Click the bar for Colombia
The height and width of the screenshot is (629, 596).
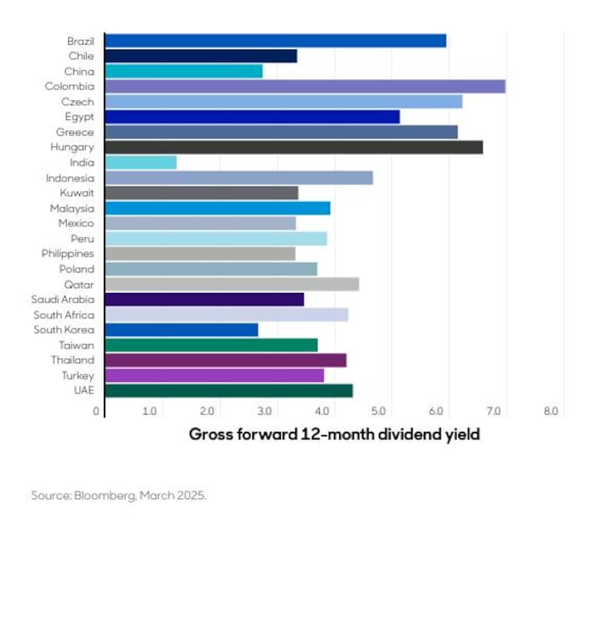click(305, 87)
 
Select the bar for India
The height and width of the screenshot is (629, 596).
click(141, 163)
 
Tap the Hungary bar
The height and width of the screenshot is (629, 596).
click(293, 147)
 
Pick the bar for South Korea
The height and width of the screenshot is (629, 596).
click(181, 330)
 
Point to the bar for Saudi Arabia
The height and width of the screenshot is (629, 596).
click(205, 300)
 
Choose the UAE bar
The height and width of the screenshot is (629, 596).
click(228, 391)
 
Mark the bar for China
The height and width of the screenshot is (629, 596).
click(184, 71)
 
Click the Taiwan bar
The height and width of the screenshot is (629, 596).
click(211, 345)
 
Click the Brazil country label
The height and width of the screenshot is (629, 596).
click(81, 41)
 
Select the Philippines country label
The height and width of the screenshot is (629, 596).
click(68, 254)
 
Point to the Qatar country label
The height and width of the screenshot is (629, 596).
click(79, 284)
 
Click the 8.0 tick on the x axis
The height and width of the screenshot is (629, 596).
click(551, 411)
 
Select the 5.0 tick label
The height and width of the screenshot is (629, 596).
click(379, 411)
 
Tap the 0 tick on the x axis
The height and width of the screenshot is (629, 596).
click(96, 411)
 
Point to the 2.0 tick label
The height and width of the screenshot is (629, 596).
click(207, 411)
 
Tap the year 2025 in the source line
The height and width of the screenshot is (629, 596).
click(191, 495)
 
